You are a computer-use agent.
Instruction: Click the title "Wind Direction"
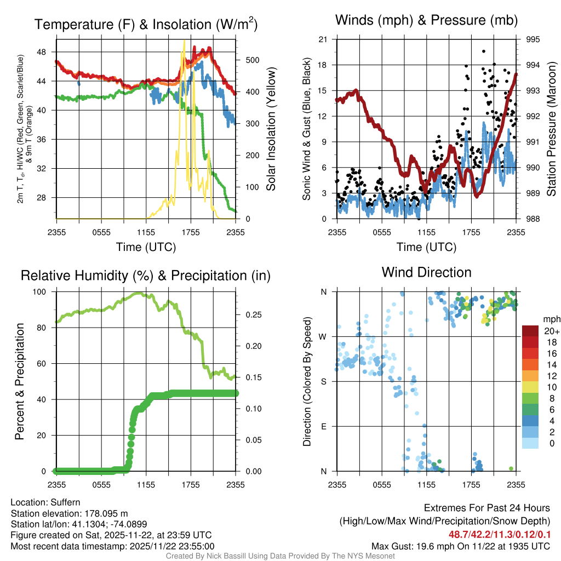[426, 272]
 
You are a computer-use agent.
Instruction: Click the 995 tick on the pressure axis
[533, 39]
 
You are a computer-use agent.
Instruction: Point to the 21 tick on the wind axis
[323, 39]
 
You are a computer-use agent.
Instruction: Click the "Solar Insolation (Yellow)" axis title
[271, 129]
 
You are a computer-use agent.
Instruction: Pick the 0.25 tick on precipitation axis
[250, 315]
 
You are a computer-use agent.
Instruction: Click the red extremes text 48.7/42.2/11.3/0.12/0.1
[500, 535]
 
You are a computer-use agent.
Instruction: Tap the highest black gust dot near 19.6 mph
[483, 51]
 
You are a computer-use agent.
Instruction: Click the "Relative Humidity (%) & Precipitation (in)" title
[145, 276]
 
